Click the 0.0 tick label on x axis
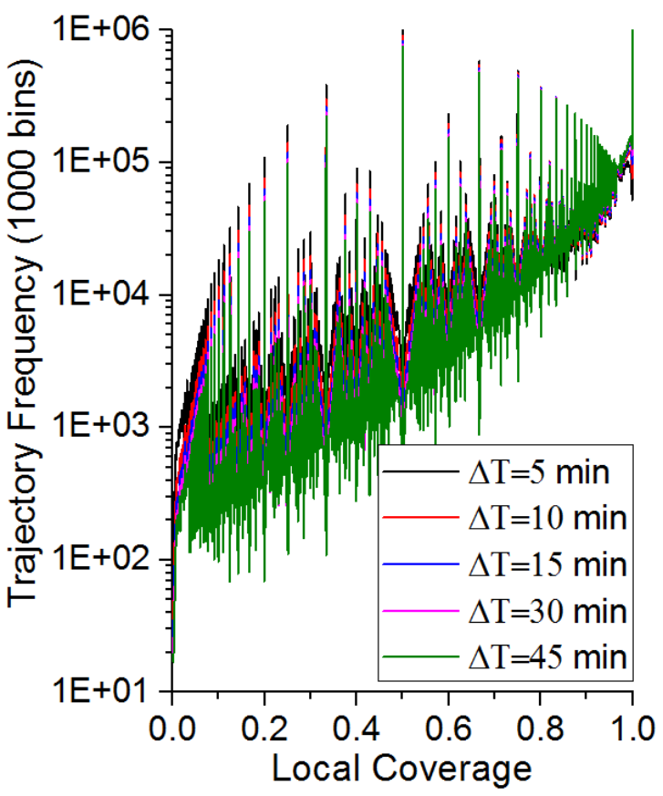tap(172, 729)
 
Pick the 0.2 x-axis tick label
tap(264, 729)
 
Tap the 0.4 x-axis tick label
tap(357, 729)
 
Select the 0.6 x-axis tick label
tap(449, 729)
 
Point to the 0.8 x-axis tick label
tap(540, 729)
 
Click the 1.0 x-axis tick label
tap(632, 729)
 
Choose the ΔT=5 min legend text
tap(539, 472)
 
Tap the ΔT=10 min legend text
tap(548, 518)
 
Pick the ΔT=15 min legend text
tap(548, 564)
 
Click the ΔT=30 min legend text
tap(548, 611)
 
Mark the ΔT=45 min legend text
tap(548, 656)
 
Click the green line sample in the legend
tap(420, 656)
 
